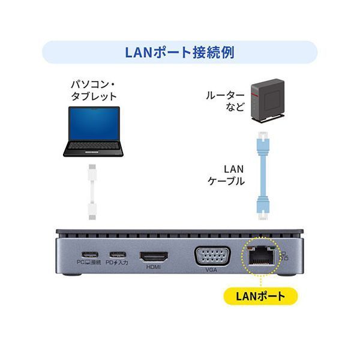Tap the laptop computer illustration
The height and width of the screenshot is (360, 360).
93,131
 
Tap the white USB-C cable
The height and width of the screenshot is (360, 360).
93,191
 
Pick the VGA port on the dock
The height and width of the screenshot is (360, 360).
211,256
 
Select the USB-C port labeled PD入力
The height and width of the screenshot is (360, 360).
118,254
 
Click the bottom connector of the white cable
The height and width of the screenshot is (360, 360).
93,211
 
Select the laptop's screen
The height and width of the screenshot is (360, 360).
93,124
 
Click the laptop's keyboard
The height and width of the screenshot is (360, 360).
93,146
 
